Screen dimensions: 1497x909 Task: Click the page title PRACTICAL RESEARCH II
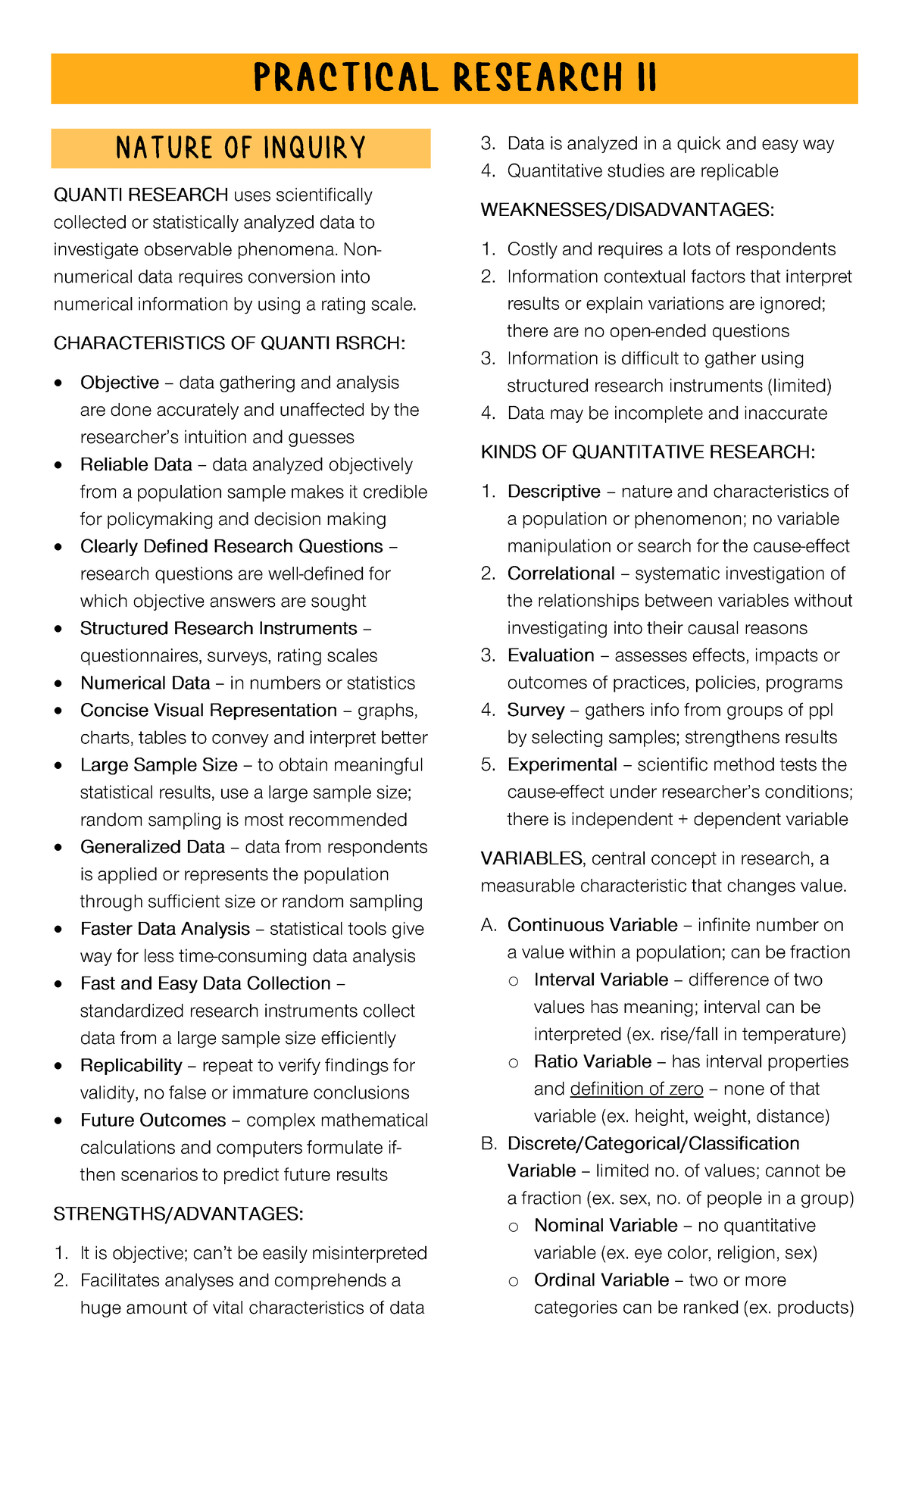coord(454,78)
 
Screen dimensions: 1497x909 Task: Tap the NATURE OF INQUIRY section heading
coord(241,148)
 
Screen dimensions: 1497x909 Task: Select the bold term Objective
coord(120,383)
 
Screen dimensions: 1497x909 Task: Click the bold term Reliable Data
coord(136,464)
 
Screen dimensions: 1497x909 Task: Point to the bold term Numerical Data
coord(145,683)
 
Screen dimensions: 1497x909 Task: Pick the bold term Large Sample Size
coord(159,764)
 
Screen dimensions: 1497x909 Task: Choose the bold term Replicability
coord(131,1065)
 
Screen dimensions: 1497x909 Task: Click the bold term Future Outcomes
coord(153,1120)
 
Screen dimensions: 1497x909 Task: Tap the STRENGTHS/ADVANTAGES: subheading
coord(178,1214)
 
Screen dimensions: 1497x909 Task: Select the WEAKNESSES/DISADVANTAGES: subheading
coord(627,210)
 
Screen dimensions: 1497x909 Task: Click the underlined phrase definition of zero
coord(636,1089)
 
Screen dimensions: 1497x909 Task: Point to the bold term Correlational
coord(561,573)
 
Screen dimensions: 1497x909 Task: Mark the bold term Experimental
coord(562,764)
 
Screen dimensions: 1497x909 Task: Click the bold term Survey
coord(536,710)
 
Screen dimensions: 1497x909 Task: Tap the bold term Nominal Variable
coord(605,1225)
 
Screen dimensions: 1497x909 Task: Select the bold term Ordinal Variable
coord(601,1280)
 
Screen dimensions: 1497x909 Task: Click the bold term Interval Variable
coord(601,980)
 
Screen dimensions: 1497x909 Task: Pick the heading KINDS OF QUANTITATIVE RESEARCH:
coord(648,452)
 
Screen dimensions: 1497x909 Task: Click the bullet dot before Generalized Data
coord(59,847)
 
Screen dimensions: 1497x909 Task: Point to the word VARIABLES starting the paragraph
coord(531,858)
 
